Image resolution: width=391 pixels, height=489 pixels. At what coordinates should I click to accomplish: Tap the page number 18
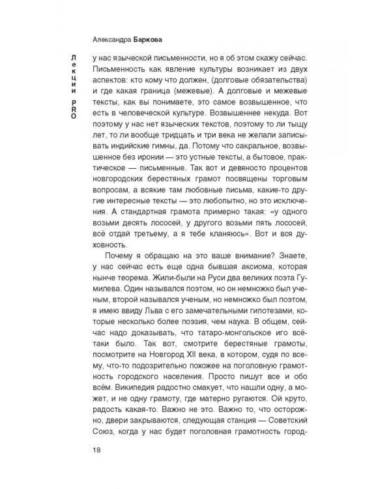(x=98, y=449)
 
